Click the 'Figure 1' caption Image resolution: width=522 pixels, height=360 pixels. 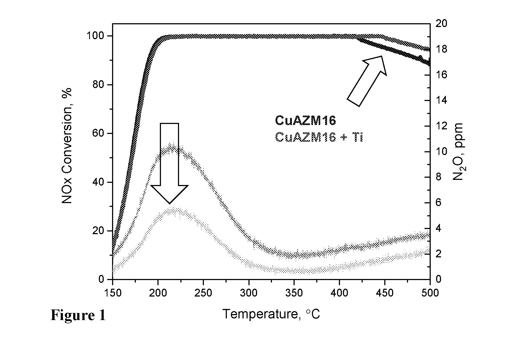tap(78, 315)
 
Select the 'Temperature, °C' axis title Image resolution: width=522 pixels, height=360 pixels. tap(271, 314)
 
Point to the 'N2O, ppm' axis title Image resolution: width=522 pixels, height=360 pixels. tap(458, 152)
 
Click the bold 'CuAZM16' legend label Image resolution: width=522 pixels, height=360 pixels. tap(305, 120)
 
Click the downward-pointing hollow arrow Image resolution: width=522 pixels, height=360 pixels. tap(169, 163)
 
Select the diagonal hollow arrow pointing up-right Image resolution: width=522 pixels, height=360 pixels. tap(366, 81)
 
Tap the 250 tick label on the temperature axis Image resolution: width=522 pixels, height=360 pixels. tap(203, 293)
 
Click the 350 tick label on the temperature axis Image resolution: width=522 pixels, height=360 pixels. tap(294, 293)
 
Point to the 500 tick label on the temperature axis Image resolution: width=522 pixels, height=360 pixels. tap(430, 293)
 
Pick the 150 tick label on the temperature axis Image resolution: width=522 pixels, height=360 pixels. tap(112, 293)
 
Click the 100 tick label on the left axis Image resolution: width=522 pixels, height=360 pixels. tap(96, 36)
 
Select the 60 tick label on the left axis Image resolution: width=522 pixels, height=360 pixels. tap(99, 134)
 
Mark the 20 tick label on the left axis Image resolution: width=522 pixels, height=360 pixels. tap(99, 231)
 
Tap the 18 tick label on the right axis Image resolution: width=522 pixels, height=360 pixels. tap(442, 49)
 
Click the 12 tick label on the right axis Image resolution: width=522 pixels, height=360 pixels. tap(442, 126)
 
